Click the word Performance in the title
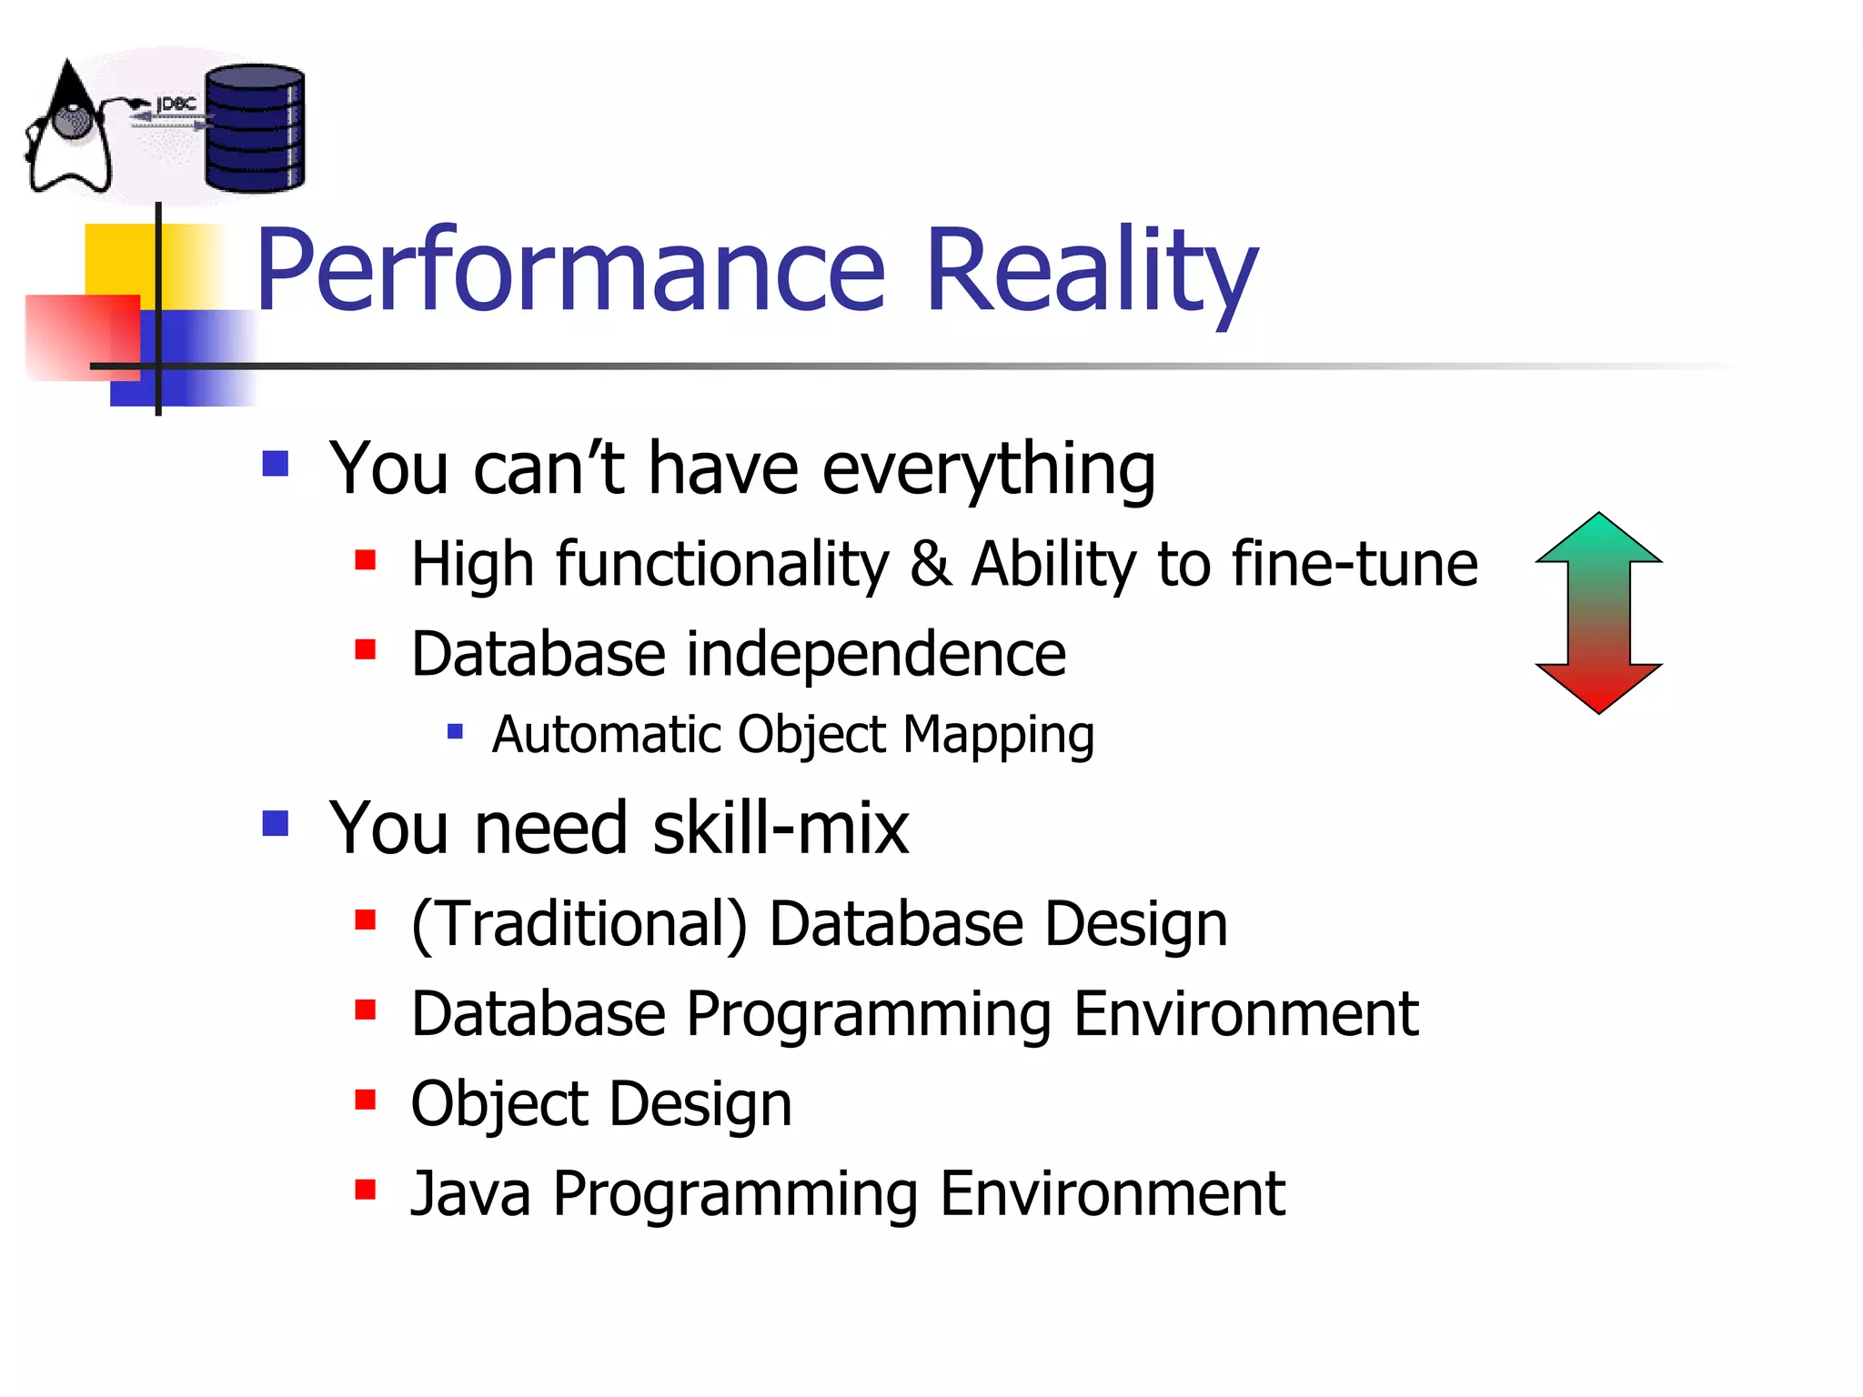click(570, 271)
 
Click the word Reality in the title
click(1091, 271)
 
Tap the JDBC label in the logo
click(176, 105)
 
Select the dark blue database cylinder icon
click(255, 128)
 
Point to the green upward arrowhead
click(1598, 539)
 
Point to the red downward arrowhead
click(1598, 687)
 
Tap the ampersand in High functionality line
click(930, 563)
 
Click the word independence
click(875, 654)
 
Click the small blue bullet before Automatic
click(456, 730)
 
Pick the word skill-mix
click(780, 829)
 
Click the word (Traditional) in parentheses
click(579, 924)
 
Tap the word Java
click(470, 1193)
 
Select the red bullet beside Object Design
click(366, 1101)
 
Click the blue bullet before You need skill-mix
click(275, 824)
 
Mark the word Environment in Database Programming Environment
click(1244, 1014)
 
